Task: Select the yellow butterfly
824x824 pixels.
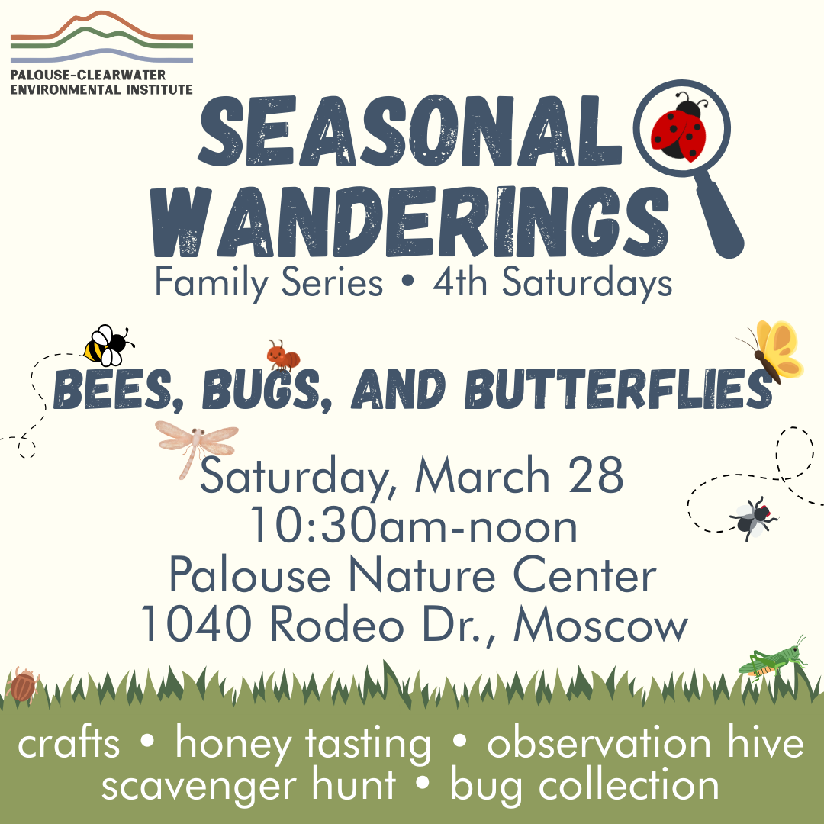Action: [x=772, y=351]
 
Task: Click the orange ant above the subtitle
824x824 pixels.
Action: [x=284, y=355]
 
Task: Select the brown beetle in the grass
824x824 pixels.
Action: [x=24, y=684]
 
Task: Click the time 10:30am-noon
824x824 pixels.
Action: [x=413, y=526]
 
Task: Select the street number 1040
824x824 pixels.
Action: [x=196, y=626]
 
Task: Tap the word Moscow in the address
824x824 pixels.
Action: [x=601, y=626]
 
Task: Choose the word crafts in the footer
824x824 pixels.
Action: [x=69, y=744]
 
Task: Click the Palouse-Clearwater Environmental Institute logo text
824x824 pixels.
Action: [x=101, y=82]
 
